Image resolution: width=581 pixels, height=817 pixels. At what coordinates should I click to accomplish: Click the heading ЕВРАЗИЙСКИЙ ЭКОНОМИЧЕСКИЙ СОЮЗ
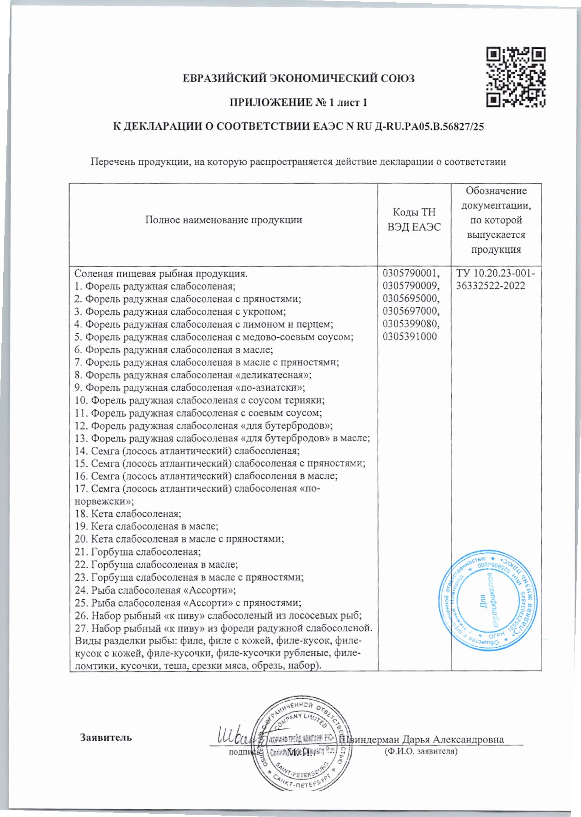point(298,79)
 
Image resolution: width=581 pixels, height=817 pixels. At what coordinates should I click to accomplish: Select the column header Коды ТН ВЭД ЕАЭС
point(414,220)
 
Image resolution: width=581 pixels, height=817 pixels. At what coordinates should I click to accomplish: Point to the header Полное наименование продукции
point(223,220)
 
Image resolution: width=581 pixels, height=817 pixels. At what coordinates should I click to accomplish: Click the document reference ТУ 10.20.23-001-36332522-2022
point(496,280)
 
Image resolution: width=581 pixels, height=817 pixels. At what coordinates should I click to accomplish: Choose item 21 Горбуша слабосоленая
point(137,552)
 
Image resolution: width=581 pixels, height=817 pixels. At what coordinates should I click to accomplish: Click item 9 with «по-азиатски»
point(190,388)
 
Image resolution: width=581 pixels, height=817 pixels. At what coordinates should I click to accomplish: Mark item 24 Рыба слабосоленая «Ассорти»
point(155,590)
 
